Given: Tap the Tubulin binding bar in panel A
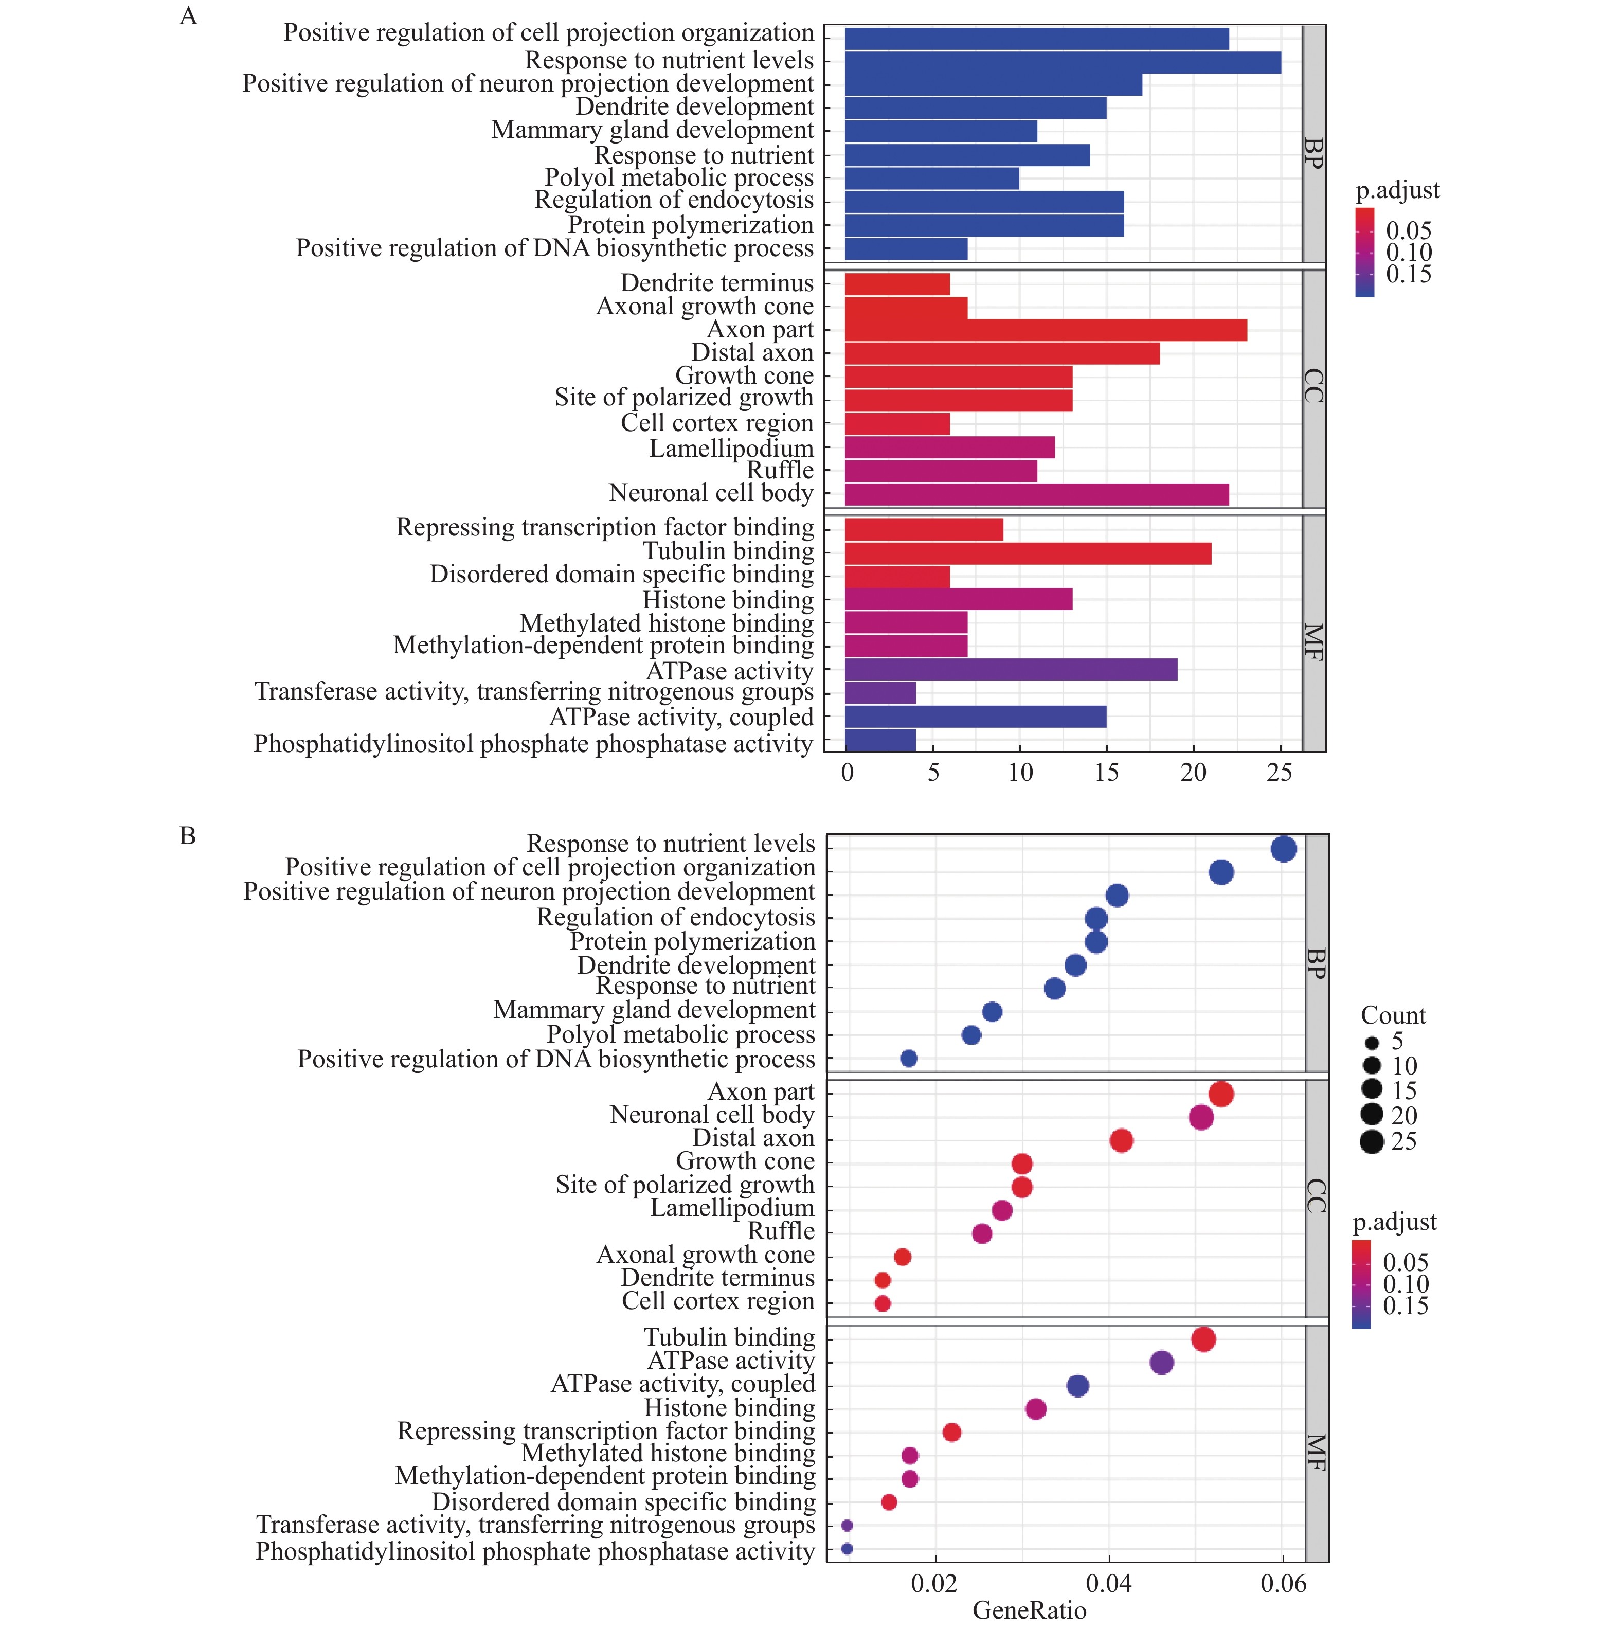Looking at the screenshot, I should [x=1028, y=553].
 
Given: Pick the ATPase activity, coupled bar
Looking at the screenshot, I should [x=975, y=717].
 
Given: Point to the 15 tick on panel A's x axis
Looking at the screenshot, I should [x=1107, y=773].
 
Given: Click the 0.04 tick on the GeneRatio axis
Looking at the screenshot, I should [x=1109, y=1583].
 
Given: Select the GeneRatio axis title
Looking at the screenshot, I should [x=1029, y=1610].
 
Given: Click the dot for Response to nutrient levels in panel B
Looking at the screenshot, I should [x=1283, y=849].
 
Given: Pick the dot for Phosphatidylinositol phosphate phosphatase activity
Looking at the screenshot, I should [x=847, y=1549].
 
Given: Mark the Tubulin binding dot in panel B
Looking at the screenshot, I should [x=1203, y=1339].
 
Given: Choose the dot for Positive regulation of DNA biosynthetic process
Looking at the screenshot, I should [x=909, y=1058].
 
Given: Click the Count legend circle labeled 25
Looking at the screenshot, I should [x=1372, y=1142].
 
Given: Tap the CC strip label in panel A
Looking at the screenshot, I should [x=1313, y=386].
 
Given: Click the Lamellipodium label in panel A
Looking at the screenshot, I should [x=731, y=449].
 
